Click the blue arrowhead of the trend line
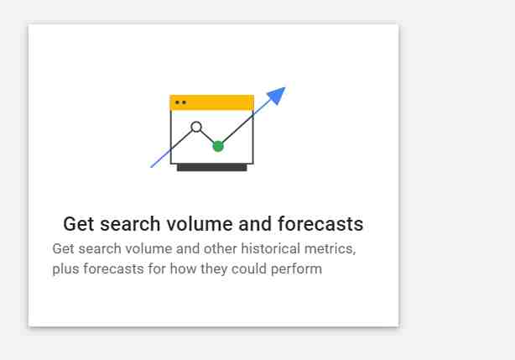coord(278,96)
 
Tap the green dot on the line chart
coord(218,146)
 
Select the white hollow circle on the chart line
coord(196,127)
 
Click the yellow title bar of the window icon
coord(212,102)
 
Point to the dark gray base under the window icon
coord(212,168)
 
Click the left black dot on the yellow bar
coord(177,102)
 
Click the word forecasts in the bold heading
coord(320,224)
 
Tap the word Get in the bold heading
coord(79,224)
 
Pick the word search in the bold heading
coord(130,224)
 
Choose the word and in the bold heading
coord(255,224)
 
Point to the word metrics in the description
coord(330,249)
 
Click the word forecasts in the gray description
coord(113,269)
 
